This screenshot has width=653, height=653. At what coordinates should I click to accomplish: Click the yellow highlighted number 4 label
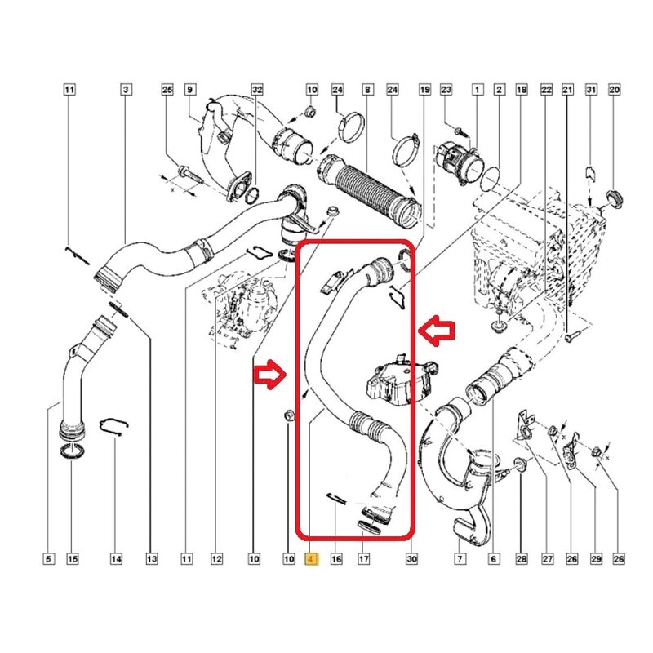(x=310, y=559)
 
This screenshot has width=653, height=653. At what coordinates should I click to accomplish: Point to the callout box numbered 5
(x=48, y=559)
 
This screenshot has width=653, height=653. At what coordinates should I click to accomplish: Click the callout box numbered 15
(x=72, y=559)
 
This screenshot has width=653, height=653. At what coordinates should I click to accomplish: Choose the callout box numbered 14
(x=116, y=559)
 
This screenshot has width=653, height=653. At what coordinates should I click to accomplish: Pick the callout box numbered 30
(x=411, y=559)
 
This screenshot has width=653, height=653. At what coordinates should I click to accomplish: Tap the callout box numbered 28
(x=521, y=559)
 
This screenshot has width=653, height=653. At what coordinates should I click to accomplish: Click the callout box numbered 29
(x=595, y=559)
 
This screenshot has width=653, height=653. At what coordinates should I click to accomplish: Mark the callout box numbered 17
(x=364, y=559)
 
